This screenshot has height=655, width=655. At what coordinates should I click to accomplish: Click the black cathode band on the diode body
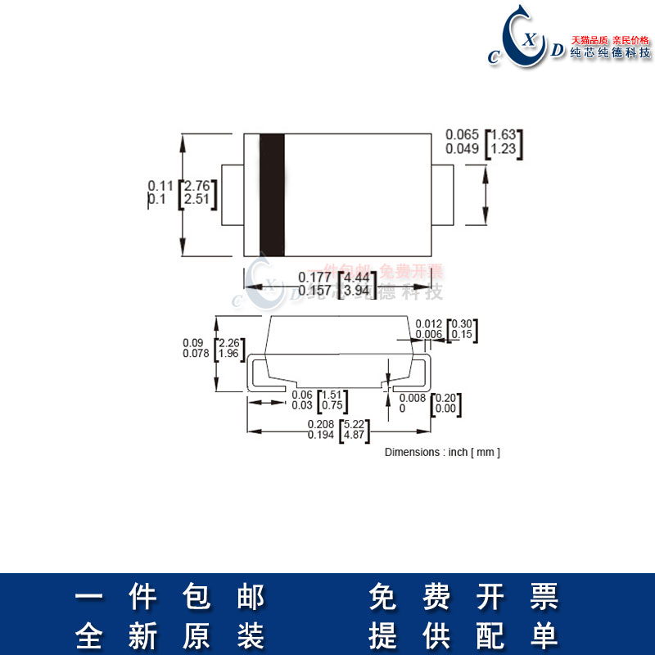coord(272,195)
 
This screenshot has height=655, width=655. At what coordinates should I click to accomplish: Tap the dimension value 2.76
coord(199,185)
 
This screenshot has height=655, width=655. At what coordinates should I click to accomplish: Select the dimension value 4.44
coord(361,277)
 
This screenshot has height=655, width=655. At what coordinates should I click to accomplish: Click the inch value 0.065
coord(461,134)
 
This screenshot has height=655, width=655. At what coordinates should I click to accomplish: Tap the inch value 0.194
coord(320,435)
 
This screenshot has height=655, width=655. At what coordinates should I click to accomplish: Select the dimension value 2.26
coord(229,343)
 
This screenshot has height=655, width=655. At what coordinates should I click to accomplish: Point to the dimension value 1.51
coord(332,395)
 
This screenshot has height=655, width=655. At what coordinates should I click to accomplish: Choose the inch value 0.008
coord(412,398)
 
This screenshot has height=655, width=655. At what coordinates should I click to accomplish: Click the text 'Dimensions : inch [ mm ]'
coord(442,452)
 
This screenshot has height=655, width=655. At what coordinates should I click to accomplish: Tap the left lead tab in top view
coord(233,195)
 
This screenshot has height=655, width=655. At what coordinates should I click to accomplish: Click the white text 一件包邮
coord(170,597)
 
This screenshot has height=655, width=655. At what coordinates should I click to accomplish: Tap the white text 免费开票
coord(463,597)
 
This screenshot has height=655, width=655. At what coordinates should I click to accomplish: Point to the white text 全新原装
coord(170,635)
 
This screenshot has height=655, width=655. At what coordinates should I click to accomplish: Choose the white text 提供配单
coord(463,635)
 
